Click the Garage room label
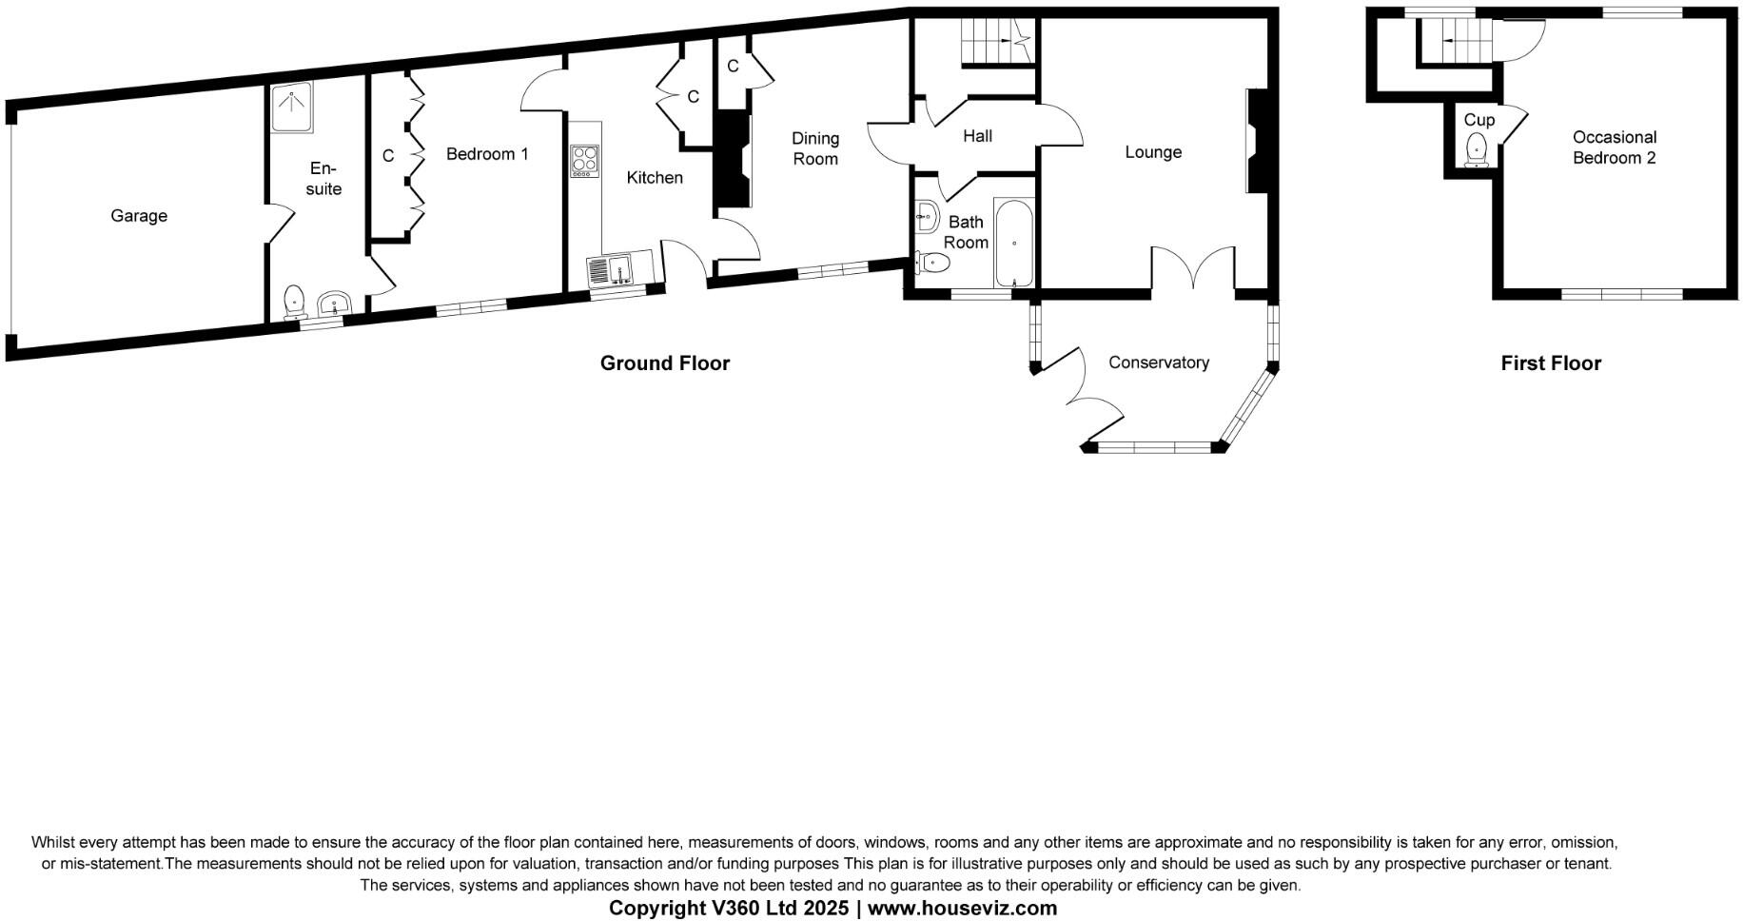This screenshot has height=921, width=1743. tap(139, 216)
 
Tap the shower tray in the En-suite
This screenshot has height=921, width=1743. tap(291, 108)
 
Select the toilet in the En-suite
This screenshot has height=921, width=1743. tap(295, 302)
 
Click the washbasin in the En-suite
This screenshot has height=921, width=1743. tap(334, 304)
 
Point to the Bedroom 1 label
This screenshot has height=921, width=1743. tap(487, 154)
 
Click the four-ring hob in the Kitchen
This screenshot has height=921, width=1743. tap(584, 160)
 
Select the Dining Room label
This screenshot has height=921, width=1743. tap(815, 148)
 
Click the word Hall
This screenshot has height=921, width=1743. tap(977, 136)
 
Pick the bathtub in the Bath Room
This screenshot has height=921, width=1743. tap(1014, 243)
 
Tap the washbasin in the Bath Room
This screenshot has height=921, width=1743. tap(927, 217)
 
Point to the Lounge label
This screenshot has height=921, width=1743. tap(1153, 152)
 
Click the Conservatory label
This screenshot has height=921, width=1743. tap(1158, 363)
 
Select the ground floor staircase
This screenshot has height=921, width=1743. tap(995, 42)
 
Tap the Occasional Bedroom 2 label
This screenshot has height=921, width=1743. tap(1614, 147)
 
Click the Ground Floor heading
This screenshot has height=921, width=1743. tap(664, 363)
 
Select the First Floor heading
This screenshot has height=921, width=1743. tap(1551, 363)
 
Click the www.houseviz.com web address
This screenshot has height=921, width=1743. tap(962, 908)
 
